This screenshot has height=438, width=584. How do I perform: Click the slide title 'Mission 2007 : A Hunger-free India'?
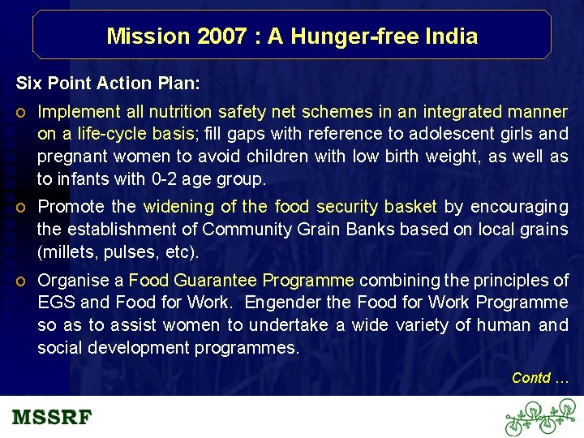pyautogui.click(x=292, y=36)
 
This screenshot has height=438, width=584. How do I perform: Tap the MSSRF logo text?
pyautogui.click(x=52, y=418)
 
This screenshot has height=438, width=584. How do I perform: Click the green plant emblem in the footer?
pyautogui.click(x=539, y=418)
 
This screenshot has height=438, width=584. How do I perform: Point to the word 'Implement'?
pyautogui.click(x=78, y=111)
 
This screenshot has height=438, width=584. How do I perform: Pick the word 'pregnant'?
pyautogui.click(x=72, y=156)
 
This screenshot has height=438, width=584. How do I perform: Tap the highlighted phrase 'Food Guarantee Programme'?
pyautogui.click(x=241, y=281)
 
